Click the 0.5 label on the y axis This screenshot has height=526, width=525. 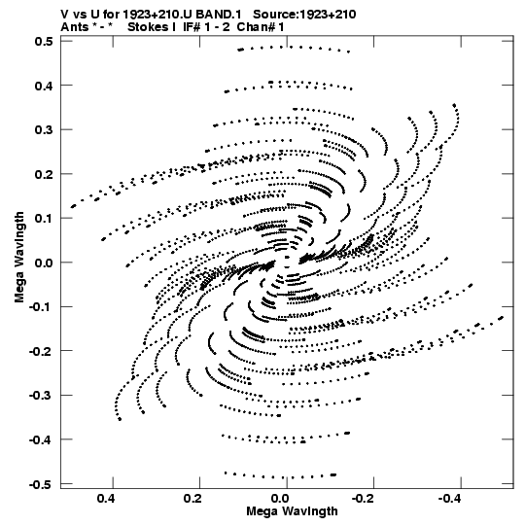click(44, 41)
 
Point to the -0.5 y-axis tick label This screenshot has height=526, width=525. click(41, 484)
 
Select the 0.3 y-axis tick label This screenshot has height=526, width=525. click(44, 130)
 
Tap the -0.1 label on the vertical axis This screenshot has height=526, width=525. click(41, 307)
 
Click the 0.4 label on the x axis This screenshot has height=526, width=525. click(106, 499)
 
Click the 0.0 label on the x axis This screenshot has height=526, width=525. click(281, 499)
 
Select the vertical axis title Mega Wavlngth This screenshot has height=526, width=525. click(19, 258)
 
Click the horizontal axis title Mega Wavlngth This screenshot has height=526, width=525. click(292, 511)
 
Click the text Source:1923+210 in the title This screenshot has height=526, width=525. click(304, 15)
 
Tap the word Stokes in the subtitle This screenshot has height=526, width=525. click(148, 27)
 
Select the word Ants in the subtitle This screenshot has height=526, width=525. click(75, 27)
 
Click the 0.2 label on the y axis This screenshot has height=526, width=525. click(44, 174)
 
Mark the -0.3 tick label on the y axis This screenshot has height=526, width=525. click(41, 396)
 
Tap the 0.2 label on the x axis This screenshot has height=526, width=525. click(192, 499)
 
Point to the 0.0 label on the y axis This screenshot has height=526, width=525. click(44, 263)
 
